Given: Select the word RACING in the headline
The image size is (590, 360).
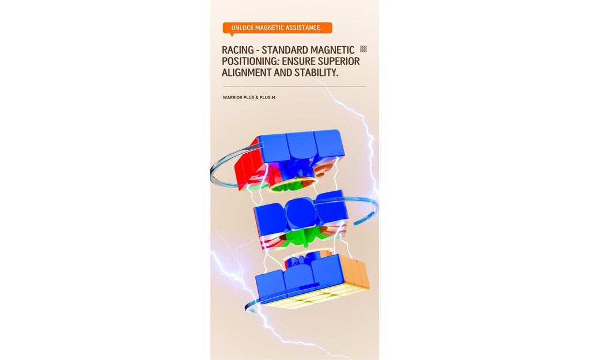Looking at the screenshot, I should [237, 50].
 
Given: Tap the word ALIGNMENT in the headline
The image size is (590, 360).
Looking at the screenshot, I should [247, 73].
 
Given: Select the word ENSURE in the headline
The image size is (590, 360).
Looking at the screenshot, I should [301, 62].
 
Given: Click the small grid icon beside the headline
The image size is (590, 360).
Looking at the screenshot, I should [364, 49].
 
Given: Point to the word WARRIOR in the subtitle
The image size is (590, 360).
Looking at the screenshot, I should [232, 97].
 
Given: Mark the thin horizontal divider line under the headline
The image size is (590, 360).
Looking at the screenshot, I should [294, 86].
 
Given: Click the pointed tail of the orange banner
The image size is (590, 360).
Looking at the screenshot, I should [231, 35].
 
